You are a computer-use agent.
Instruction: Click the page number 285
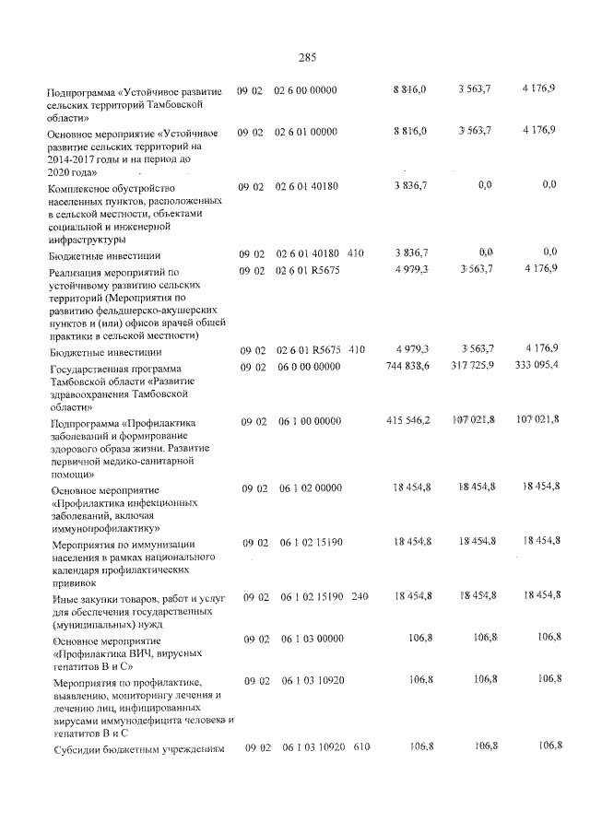(307, 58)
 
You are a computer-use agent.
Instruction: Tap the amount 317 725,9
(471, 366)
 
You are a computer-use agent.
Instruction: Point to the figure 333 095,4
(534, 366)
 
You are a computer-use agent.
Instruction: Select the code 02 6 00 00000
(306, 89)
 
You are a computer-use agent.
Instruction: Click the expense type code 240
(360, 596)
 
